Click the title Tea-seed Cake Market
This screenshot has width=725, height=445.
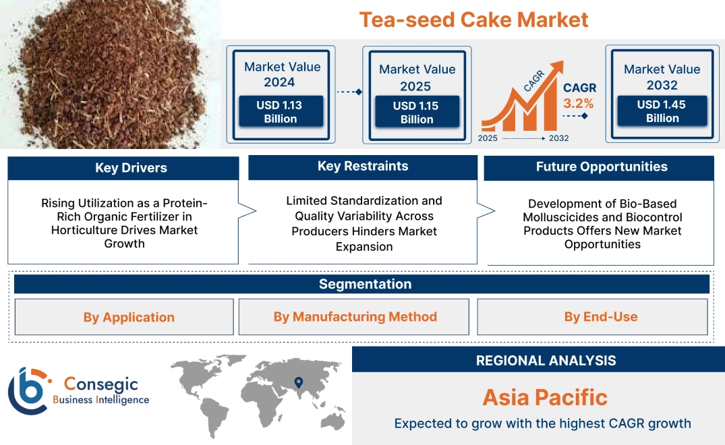473,19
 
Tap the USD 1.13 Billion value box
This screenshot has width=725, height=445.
280,112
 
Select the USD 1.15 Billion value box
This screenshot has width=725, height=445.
417,113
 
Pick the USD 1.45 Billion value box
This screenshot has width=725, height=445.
662,111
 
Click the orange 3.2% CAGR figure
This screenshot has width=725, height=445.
578,103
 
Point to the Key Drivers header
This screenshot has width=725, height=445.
131,168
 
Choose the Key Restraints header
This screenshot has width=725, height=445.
363,167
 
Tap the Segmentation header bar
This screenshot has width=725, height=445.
365,284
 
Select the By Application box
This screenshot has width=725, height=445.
129,317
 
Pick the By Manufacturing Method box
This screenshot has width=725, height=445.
355,317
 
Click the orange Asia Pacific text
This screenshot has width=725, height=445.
545,397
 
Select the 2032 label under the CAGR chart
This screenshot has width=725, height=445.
558,138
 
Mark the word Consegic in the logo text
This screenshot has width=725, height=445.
100,384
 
